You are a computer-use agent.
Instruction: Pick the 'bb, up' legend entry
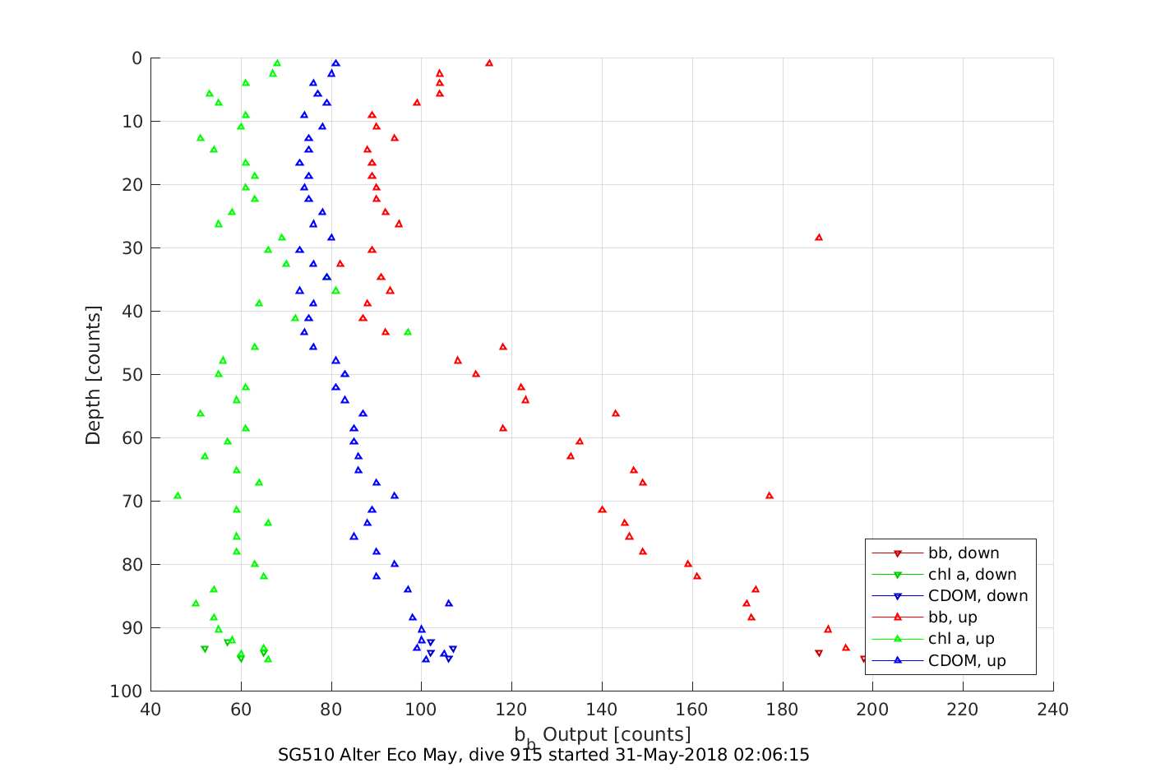click(x=952, y=617)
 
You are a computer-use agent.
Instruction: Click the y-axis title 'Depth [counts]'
click(x=93, y=375)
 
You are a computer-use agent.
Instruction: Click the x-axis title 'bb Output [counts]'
click(x=603, y=734)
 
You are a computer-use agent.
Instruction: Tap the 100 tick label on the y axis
click(x=126, y=691)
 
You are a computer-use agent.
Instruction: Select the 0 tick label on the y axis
click(x=136, y=58)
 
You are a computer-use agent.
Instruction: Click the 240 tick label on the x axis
click(x=1053, y=710)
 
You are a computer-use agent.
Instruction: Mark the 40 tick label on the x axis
click(x=150, y=710)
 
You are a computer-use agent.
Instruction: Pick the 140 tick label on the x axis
click(x=602, y=710)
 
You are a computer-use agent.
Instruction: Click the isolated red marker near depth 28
click(x=819, y=238)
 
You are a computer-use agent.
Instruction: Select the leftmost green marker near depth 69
click(x=178, y=496)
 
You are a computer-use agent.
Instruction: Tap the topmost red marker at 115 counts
click(x=489, y=63)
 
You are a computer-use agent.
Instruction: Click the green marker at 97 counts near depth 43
click(x=408, y=332)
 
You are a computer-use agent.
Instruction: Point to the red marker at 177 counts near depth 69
click(x=770, y=496)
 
